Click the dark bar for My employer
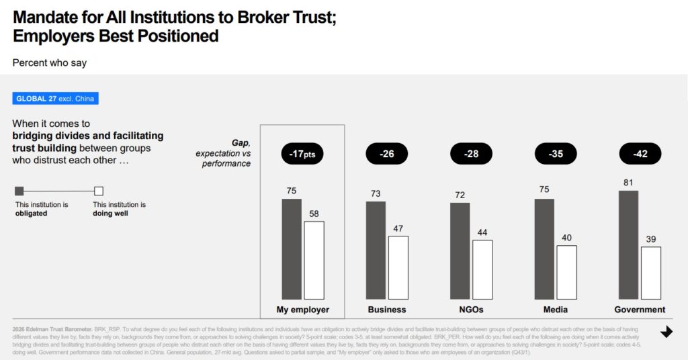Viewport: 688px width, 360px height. (292, 249)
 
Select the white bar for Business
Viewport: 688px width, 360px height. (398, 267)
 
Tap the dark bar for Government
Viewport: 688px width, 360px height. (629, 244)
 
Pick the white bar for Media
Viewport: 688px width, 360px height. (566, 272)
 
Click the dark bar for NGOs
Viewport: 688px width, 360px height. (460, 251)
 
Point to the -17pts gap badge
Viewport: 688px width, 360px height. (303, 154)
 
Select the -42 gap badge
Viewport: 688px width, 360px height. (640, 154)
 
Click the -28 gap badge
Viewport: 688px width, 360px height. (471, 154)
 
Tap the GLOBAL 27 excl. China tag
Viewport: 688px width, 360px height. (56, 99)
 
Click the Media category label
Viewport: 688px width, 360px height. (556, 310)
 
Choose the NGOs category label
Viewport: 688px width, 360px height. (471, 310)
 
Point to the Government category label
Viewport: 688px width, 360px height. (640, 310)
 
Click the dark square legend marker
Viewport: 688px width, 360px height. (19, 191)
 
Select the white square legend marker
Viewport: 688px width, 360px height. (99, 191)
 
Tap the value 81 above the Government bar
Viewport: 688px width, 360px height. (628, 183)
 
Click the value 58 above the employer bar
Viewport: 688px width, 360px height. (314, 214)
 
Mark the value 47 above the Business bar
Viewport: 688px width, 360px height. (398, 228)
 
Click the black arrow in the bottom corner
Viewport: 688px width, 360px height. (666, 332)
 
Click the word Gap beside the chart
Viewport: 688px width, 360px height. (240, 143)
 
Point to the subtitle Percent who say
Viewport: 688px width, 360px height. (50, 62)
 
